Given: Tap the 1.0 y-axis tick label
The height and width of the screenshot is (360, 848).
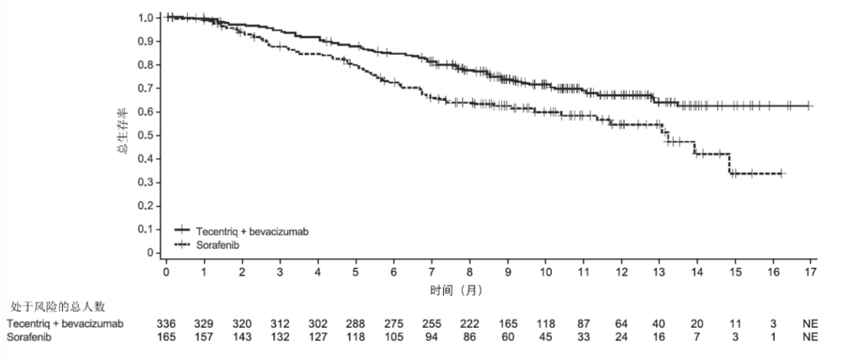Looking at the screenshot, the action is [147, 18].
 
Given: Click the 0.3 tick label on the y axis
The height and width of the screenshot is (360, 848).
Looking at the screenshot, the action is [147, 182].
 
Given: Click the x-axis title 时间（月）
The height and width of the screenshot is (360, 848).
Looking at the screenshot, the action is [455, 291].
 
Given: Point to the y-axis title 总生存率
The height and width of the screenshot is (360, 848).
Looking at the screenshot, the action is [123, 130].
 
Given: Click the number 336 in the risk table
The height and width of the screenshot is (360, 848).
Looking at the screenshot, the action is [166, 324].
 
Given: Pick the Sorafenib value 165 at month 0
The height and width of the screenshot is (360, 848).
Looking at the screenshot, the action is [166, 336].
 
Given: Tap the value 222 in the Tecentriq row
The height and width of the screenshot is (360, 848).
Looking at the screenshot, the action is [470, 324].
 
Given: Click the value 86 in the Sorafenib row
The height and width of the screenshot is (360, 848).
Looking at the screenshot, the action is [470, 336].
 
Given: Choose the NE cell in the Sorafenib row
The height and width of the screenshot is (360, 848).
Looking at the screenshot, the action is [810, 336].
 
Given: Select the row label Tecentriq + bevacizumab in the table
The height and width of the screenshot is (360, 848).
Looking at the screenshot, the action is [65, 324].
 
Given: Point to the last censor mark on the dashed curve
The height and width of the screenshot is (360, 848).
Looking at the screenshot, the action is [781, 174].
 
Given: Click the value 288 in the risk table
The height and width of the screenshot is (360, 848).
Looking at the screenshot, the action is [356, 324].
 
